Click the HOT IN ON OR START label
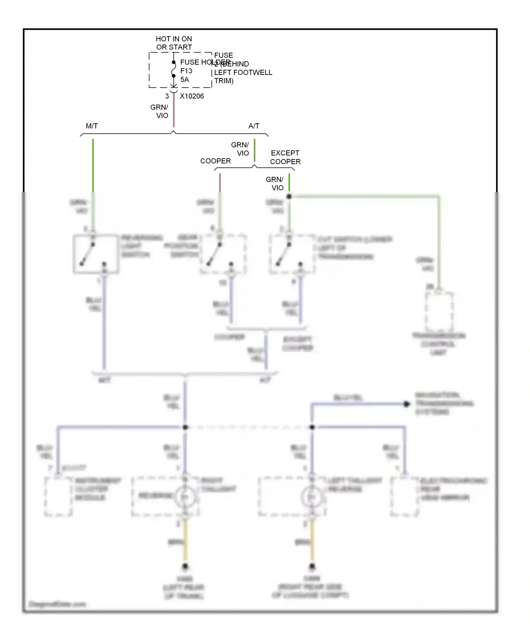pos(174,43)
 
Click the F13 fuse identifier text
pos(186,71)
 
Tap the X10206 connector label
pos(192,96)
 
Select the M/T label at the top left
pos(92,126)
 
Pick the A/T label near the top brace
pos(254,126)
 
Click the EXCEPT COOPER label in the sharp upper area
pos(285,157)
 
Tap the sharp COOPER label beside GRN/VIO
pos(215,161)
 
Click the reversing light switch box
pos(96,254)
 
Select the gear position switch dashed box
pos(223,254)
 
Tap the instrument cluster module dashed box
pos(58,496)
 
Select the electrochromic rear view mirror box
pos(405,496)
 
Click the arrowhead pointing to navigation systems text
pos(407,404)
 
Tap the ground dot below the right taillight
pos(185,567)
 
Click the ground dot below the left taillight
pos(312,567)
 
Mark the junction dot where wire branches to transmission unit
pos(289,196)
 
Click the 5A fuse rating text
pos(184,80)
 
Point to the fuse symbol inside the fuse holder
pos(173,69)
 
